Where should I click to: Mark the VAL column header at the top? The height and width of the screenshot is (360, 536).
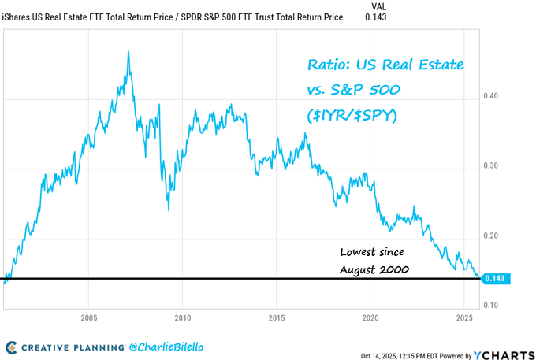coord(378,6)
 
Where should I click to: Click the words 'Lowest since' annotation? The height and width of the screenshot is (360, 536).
coord(372,252)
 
